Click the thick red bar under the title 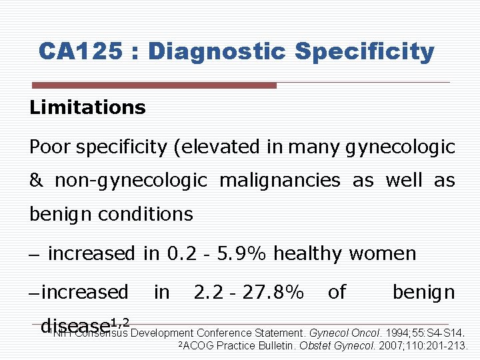(x=154, y=85)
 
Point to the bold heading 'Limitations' (x=87, y=107)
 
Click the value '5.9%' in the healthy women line (x=243, y=253)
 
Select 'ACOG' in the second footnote (x=199, y=345)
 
